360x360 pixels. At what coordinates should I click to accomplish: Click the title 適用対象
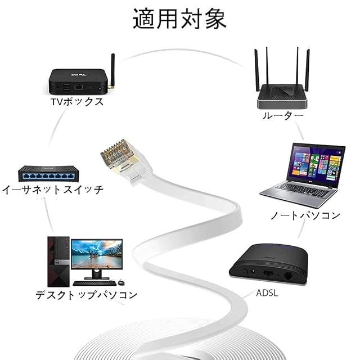(179, 19)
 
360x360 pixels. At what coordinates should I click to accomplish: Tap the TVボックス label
(77, 102)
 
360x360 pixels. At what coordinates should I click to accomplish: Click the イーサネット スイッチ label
(52, 190)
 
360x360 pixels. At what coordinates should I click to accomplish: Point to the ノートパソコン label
(305, 215)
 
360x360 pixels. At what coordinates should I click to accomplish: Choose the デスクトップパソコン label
(87, 295)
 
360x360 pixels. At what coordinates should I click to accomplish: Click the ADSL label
(267, 293)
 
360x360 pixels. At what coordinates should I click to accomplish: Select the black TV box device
(78, 82)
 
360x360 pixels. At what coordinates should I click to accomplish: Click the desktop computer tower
(58, 262)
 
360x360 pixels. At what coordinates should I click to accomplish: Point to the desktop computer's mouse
(121, 282)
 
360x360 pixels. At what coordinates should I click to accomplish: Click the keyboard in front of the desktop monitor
(94, 283)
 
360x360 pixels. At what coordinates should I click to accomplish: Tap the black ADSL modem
(268, 264)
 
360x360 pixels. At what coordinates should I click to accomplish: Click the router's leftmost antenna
(256, 70)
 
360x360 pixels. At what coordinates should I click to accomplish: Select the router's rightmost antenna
(307, 70)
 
